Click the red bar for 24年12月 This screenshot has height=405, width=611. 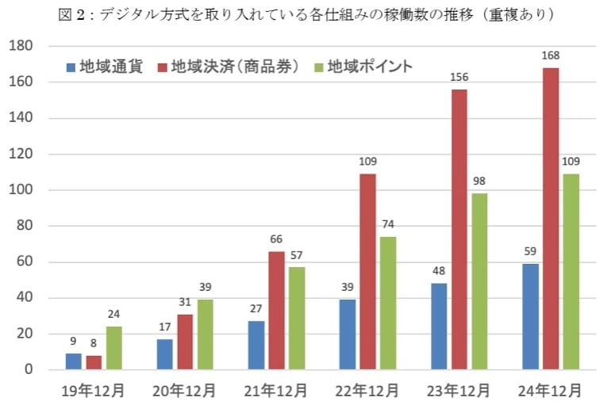[551, 219]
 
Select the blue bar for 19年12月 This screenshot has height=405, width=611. [73, 361]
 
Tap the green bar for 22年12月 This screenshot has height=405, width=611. [387, 303]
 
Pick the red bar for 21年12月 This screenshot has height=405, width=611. [277, 310]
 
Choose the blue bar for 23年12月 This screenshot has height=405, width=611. [438, 327]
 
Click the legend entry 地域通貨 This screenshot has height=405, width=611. [105, 67]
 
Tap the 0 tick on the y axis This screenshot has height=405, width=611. [29, 370]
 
